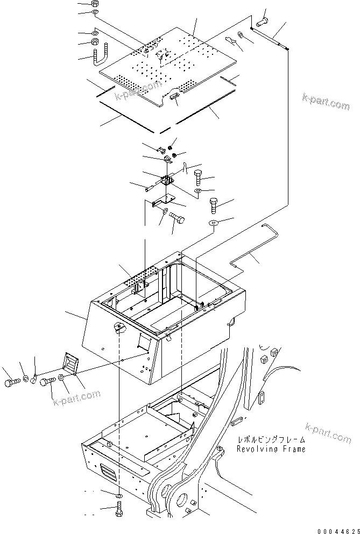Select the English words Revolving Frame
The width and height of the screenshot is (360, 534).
(x=271, y=449)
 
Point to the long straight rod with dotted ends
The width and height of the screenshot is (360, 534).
(x=270, y=38)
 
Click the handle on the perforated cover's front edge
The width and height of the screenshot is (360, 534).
(x=175, y=96)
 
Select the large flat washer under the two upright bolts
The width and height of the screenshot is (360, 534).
(x=213, y=223)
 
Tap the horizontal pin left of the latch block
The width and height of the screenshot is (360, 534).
(x=150, y=188)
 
